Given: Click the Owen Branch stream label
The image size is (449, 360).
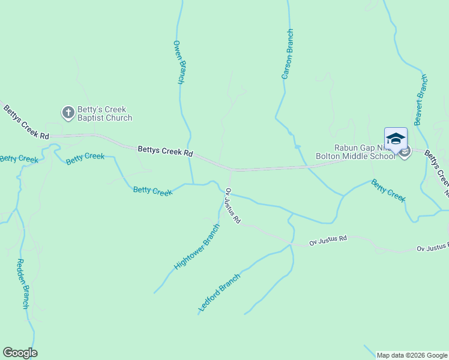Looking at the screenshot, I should (x=178, y=62).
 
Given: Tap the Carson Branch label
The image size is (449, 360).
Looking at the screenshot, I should (x=288, y=54).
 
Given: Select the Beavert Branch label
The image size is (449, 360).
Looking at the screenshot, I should (x=421, y=100).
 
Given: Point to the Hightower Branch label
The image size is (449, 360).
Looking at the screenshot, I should (x=197, y=247).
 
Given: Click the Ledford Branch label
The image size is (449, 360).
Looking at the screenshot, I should (x=220, y=293).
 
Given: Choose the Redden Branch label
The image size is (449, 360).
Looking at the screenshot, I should (x=22, y=283).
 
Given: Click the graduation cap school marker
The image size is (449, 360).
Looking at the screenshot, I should (x=396, y=139).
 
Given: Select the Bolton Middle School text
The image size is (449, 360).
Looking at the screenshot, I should (x=355, y=156).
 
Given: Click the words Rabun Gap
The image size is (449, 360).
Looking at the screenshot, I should (x=354, y=148).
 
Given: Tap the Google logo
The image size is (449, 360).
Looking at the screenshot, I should (x=20, y=353).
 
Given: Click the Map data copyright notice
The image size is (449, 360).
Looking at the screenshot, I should (x=412, y=355).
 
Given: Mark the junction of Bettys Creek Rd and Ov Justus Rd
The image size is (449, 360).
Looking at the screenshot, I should (x=231, y=171).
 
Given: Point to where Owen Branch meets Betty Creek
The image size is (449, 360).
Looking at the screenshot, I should (x=193, y=184).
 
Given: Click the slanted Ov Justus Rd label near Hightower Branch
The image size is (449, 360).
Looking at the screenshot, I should (x=232, y=206).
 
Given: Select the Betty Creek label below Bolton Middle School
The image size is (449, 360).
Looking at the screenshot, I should (x=388, y=190).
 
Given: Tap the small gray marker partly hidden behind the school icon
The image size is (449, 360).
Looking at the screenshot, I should (x=405, y=152).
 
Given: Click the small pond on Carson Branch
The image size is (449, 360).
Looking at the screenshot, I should (x=297, y=146).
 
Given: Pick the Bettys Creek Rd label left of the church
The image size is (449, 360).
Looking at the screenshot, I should (x=25, y=123).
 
